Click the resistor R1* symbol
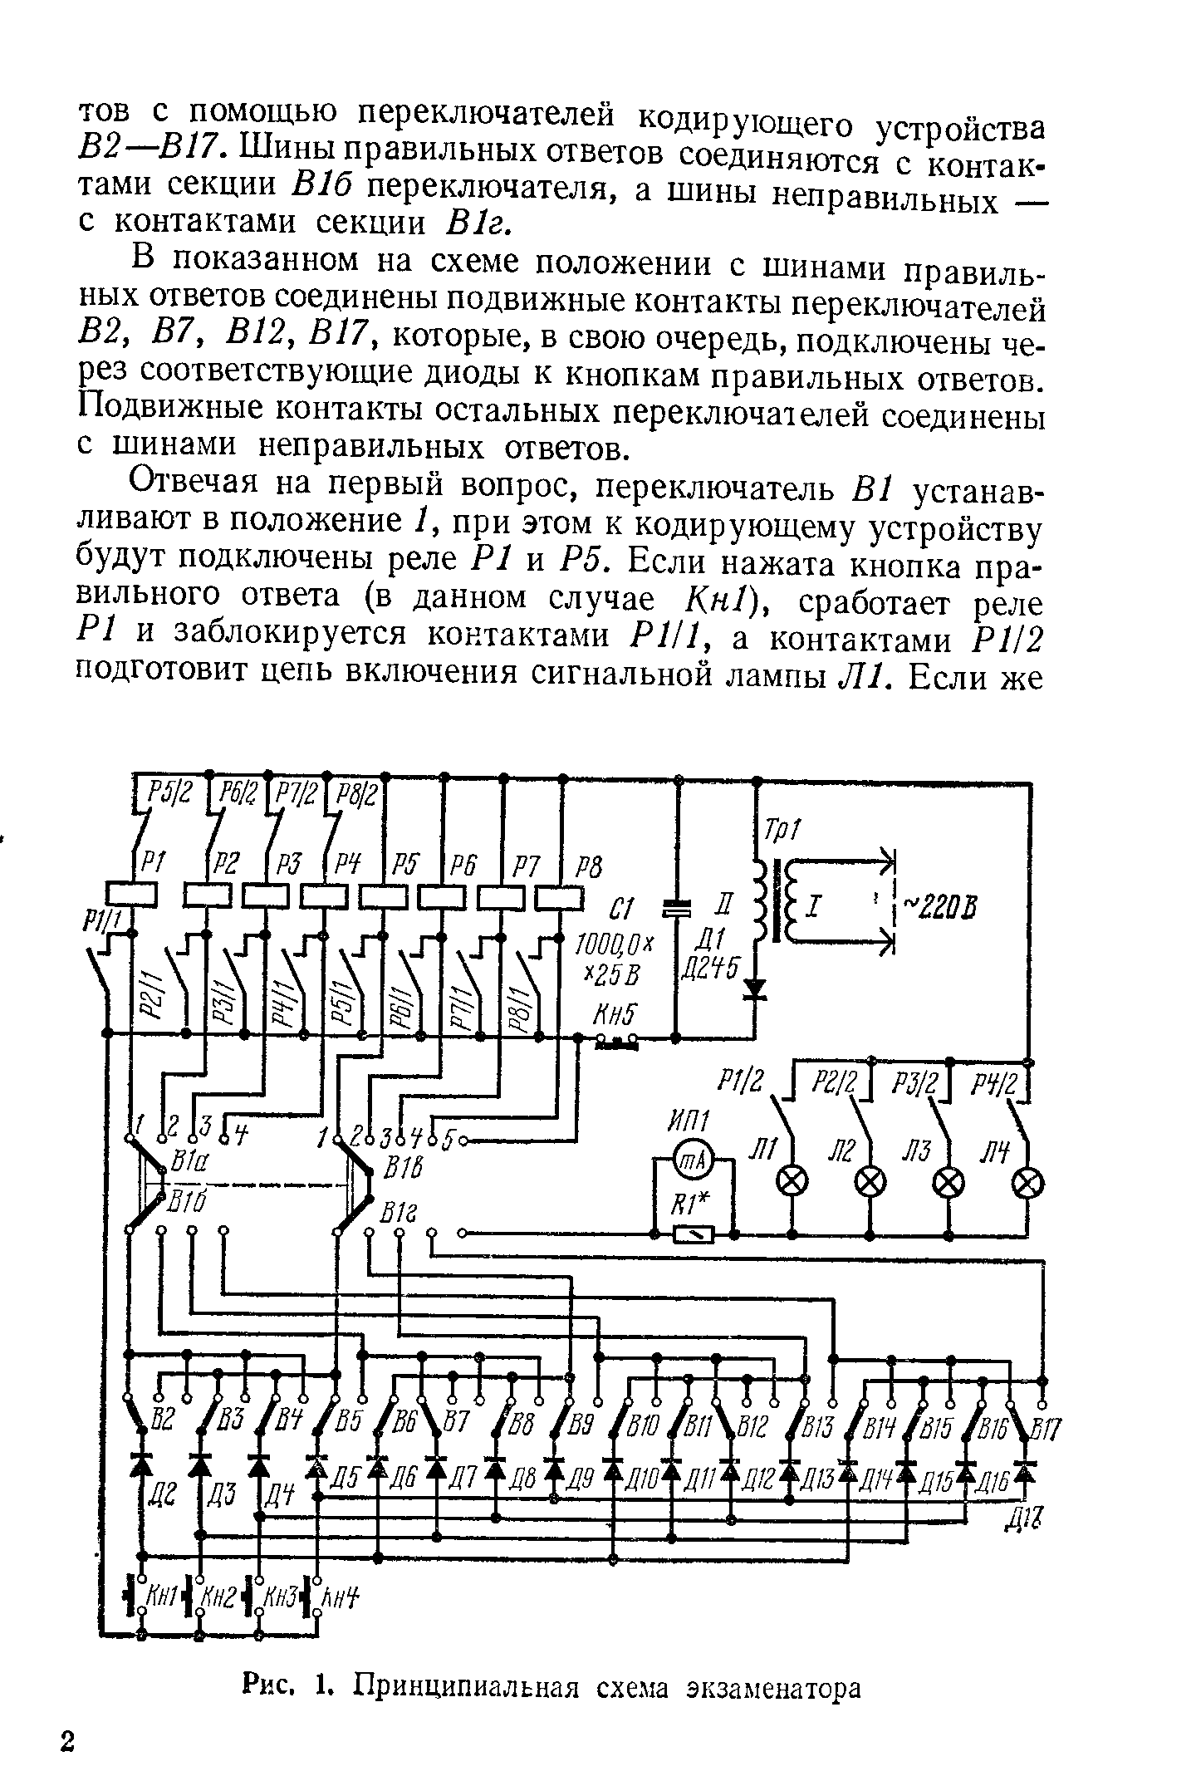point(694,1235)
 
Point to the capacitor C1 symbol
point(679,910)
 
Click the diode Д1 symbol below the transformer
point(756,988)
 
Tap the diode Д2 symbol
point(141,1459)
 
